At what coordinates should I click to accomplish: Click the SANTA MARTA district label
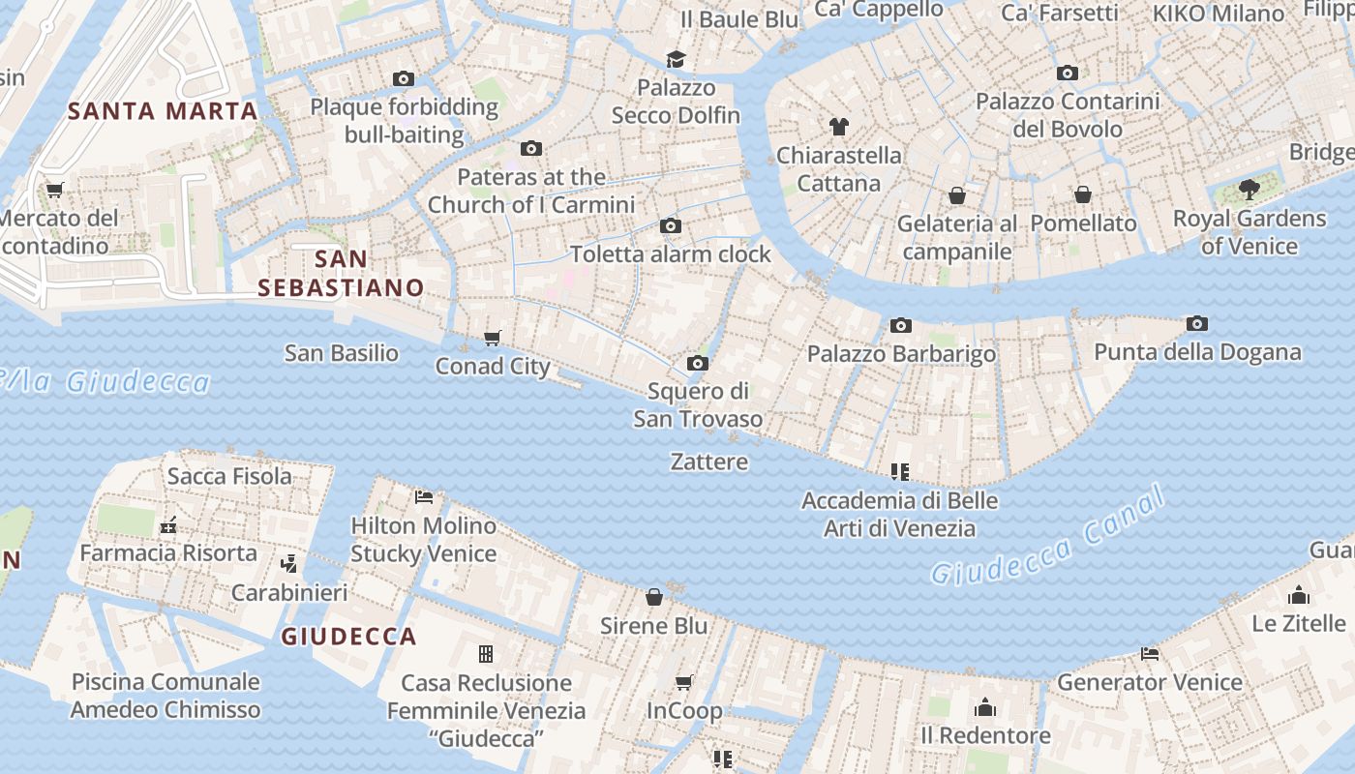pos(163,110)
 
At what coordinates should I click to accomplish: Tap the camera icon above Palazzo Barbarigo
pos(901,325)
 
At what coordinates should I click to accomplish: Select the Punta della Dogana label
pos(1197,352)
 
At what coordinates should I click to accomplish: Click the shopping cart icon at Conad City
pos(493,338)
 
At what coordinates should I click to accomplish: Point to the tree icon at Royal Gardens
pos(1249,190)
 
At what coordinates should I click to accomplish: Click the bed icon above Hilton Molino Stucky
pos(423,497)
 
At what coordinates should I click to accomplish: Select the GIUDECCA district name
pos(348,637)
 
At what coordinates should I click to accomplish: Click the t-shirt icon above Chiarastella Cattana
pos(838,126)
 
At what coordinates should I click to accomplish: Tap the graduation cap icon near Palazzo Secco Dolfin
pos(676,59)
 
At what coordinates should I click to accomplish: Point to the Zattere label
pos(709,461)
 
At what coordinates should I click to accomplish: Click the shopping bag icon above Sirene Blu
pos(654,597)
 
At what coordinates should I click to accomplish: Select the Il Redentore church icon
pos(985,707)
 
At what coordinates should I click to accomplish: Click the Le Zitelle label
pos(1298,623)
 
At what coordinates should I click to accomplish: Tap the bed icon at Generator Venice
pos(1150,654)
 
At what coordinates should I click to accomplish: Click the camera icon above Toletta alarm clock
pos(670,226)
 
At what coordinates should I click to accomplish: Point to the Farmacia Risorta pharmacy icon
pos(168,525)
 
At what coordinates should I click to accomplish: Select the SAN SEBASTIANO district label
pos(341,273)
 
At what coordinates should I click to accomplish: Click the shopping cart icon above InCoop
pos(684,683)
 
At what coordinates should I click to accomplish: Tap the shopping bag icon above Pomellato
pos(1083,194)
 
